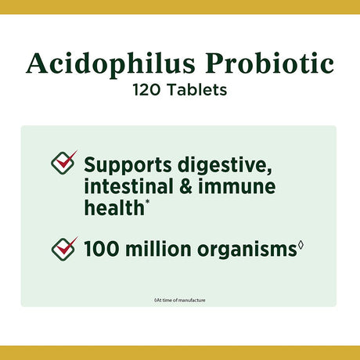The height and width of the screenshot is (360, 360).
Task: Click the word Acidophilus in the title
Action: coord(99,64)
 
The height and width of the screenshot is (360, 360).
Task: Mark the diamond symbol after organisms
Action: coord(301,247)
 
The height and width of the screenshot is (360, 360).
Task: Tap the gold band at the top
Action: coord(180,6)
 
